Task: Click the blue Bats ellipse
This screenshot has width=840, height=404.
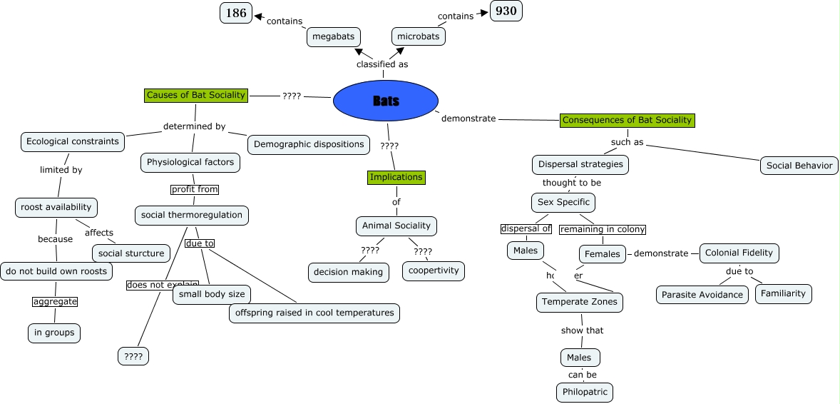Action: [x=385, y=101]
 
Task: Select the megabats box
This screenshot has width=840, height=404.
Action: [x=334, y=36]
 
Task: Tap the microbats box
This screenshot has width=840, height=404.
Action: [x=419, y=36]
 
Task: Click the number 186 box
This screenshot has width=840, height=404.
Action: [x=236, y=13]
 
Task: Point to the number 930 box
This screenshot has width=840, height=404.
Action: [x=506, y=11]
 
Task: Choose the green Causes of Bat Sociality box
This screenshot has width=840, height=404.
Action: [x=196, y=95]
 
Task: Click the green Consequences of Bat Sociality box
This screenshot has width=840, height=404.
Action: [x=627, y=120]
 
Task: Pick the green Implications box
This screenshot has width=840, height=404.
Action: [x=396, y=177]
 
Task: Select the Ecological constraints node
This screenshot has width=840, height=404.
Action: [x=73, y=141]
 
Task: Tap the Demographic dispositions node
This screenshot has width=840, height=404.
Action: [x=309, y=144]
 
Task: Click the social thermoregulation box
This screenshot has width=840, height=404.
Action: [x=192, y=215]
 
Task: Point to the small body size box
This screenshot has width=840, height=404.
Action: [x=212, y=294]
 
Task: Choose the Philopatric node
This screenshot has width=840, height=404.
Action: [x=585, y=392]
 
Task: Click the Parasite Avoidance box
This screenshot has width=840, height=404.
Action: [x=702, y=295]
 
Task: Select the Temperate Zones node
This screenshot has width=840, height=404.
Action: [x=580, y=302]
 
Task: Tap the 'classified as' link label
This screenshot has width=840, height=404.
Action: [x=382, y=64]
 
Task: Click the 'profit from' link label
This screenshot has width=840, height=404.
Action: [x=195, y=190]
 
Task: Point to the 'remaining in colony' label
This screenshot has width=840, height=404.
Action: [x=603, y=229]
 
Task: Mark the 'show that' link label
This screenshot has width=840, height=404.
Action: [x=583, y=330]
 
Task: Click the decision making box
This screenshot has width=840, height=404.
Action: [x=349, y=271]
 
